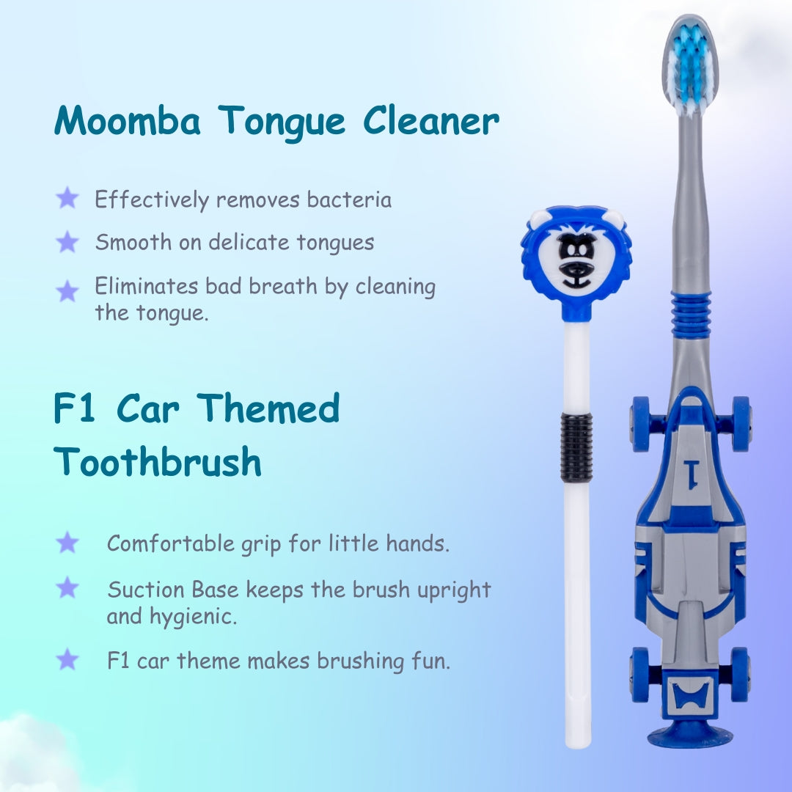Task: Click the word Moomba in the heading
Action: click(127, 120)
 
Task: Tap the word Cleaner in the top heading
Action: click(432, 120)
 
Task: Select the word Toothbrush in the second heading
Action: click(158, 462)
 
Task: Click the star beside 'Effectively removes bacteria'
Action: click(67, 198)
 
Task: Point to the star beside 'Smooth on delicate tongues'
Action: click(67, 241)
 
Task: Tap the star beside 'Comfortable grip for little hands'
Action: click(67, 543)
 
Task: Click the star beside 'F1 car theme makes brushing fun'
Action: click(67, 659)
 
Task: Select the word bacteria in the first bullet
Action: click(350, 199)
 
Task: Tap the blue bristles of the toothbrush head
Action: click(689, 66)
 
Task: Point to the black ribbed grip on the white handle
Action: click(576, 447)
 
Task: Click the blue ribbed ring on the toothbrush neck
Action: click(691, 315)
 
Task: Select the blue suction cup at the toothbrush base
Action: click(689, 736)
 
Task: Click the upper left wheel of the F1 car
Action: click(640, 423)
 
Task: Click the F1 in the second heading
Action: click(75, 409)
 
